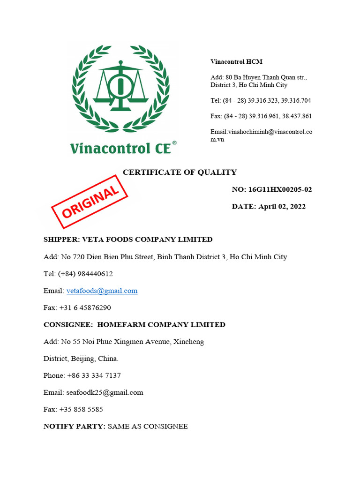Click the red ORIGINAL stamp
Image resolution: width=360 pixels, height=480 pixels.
(x=89, y=201)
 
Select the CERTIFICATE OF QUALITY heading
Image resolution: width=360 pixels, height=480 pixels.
(x=180, y=172)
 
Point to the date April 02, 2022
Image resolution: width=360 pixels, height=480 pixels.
(x=281, y=206)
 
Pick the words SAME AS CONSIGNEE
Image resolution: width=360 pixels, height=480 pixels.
(x=148, y=426)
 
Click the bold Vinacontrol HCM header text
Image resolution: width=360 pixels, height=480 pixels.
(x=236, y=62)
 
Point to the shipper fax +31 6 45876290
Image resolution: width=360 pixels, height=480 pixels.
(x=85, y=307)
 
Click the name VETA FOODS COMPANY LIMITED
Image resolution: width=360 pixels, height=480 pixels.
(x=147, y=240)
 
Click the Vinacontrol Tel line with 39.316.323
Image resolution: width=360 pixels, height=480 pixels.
(x=261, y=100)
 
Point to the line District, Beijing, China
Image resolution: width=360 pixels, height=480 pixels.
(x=81, y=359)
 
